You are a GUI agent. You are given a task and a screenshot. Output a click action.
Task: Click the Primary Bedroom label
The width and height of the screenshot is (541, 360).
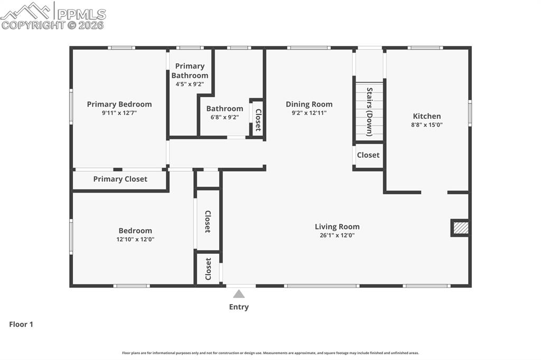tap(119, 104)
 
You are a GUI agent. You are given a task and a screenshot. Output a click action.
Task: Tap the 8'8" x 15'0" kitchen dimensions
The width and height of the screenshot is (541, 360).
tap(427, 125)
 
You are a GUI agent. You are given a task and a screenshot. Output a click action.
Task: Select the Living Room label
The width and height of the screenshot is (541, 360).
tap(337, 226)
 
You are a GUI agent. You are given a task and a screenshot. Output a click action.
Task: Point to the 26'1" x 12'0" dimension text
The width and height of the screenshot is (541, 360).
tap(337, 235)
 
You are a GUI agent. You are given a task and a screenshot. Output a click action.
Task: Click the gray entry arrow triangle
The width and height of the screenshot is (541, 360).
tap(239, 294)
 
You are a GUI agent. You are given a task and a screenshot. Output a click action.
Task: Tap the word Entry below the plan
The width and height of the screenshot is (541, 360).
tap(239, 307)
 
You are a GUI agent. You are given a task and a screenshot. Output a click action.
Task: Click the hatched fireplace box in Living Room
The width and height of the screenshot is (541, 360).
tap(460, 228)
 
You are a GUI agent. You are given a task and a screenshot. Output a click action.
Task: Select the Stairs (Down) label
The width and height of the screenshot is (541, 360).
tap(369, 112)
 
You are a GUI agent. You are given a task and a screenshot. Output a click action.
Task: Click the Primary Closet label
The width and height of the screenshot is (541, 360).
tap(120, 179)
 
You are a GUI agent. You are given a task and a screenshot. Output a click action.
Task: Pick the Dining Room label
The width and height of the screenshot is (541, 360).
tap(309, 104)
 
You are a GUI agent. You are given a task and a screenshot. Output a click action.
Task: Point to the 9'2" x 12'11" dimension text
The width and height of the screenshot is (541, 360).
tap(309, 113)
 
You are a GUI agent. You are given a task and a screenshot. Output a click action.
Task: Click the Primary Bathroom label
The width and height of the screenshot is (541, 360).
tap(190, 71)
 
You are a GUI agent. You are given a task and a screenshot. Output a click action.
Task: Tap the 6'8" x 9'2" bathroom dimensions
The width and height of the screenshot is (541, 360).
tap(225, 117)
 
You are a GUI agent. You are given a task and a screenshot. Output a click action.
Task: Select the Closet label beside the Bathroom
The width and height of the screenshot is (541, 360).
tap(258, 120)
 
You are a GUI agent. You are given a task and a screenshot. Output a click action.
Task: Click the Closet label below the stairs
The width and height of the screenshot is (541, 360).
tap(368, 155)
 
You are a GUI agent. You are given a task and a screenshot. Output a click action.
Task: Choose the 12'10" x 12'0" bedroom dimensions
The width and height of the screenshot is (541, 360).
tap(135, 239)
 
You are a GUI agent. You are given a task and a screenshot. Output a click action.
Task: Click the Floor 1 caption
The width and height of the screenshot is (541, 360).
tap(21, 324)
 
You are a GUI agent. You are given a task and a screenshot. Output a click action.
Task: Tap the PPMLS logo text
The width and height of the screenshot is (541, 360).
tap(81, 14)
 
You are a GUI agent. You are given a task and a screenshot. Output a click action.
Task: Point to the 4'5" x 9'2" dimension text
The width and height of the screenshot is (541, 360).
tap(190, 84)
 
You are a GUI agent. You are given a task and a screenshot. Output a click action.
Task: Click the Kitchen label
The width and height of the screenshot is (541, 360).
tap(427, 116)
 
